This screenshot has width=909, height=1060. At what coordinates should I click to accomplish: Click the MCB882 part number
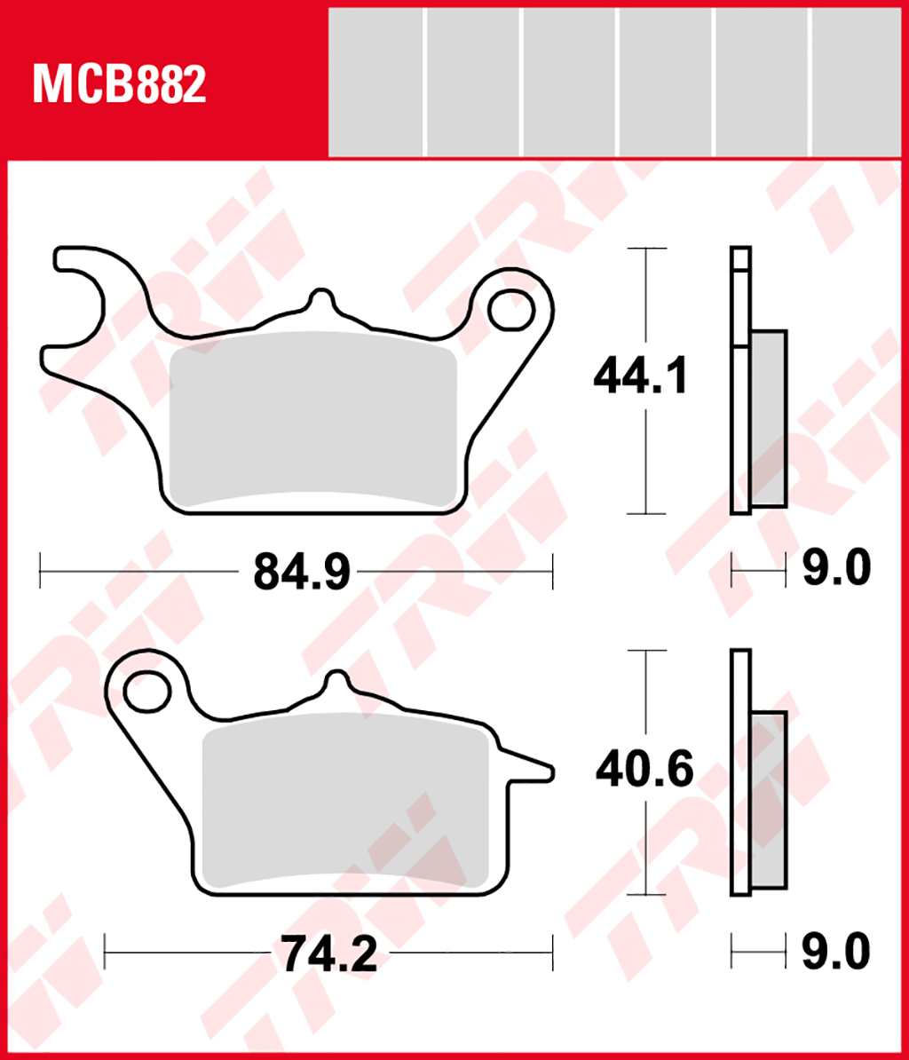coord(119,83)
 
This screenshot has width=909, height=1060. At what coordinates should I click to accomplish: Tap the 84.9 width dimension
coord(302,572)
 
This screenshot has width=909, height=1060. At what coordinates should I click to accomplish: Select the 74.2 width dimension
coord(329,953)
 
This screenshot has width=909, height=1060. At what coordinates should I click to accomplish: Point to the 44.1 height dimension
coord(640,376)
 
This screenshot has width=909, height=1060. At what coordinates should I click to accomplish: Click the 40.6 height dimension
coord(644,769)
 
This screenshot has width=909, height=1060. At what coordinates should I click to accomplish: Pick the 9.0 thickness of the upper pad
coord(836,568)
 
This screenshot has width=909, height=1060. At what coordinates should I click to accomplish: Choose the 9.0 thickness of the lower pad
coord(836,951)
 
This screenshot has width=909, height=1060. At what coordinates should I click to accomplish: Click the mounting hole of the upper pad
coord(511,311)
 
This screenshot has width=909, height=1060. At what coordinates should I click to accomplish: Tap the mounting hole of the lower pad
coord(146,691)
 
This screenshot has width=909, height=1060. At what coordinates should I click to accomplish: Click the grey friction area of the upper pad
coord(312,419)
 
